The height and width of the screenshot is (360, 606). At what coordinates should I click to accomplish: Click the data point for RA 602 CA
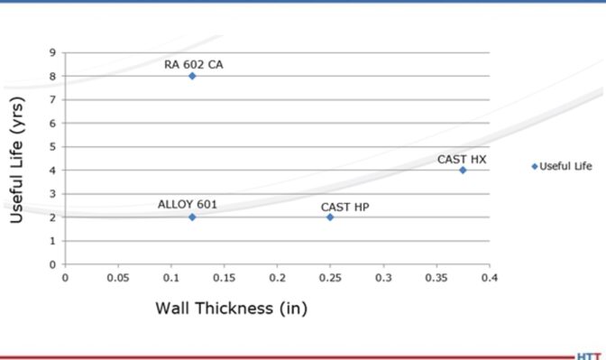click(192, 76)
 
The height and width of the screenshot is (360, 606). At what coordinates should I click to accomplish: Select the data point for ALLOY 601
click(192, 217)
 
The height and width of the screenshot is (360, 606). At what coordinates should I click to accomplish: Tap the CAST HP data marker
click(330, 217)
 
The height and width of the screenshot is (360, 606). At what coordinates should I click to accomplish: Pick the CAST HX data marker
click(463, 170)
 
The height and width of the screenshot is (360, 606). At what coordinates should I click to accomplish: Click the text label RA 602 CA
click(194, 64)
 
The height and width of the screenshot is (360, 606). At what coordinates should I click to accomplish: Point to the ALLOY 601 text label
click(188, 204)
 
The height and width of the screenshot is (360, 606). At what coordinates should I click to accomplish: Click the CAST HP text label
click(345, 207)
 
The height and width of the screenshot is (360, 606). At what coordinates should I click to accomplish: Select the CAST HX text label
click(462, 159)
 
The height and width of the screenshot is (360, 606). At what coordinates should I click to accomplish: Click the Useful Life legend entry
click(563, 166)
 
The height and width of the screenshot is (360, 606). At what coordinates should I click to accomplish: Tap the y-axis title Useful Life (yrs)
click(18, 160)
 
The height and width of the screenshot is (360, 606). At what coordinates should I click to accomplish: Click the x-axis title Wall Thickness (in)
click(232, 308)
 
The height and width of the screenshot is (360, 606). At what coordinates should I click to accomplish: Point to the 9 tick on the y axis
click(53, 52)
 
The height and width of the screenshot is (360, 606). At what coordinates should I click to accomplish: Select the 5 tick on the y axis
click(53, 146)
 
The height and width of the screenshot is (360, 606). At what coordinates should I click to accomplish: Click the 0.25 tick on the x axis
click(330, 277)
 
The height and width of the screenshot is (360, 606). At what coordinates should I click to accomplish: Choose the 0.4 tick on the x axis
click(490, 277)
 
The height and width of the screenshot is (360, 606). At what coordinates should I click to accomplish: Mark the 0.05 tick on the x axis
click(117, 277)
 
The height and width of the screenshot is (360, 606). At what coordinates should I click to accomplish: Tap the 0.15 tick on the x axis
click(224, 277)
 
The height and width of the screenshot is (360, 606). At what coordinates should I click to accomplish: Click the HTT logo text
click(590, 355)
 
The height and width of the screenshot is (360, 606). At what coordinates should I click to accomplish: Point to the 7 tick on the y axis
click(53, 99)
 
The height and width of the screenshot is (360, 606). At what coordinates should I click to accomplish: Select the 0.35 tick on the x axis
click(436, 277)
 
